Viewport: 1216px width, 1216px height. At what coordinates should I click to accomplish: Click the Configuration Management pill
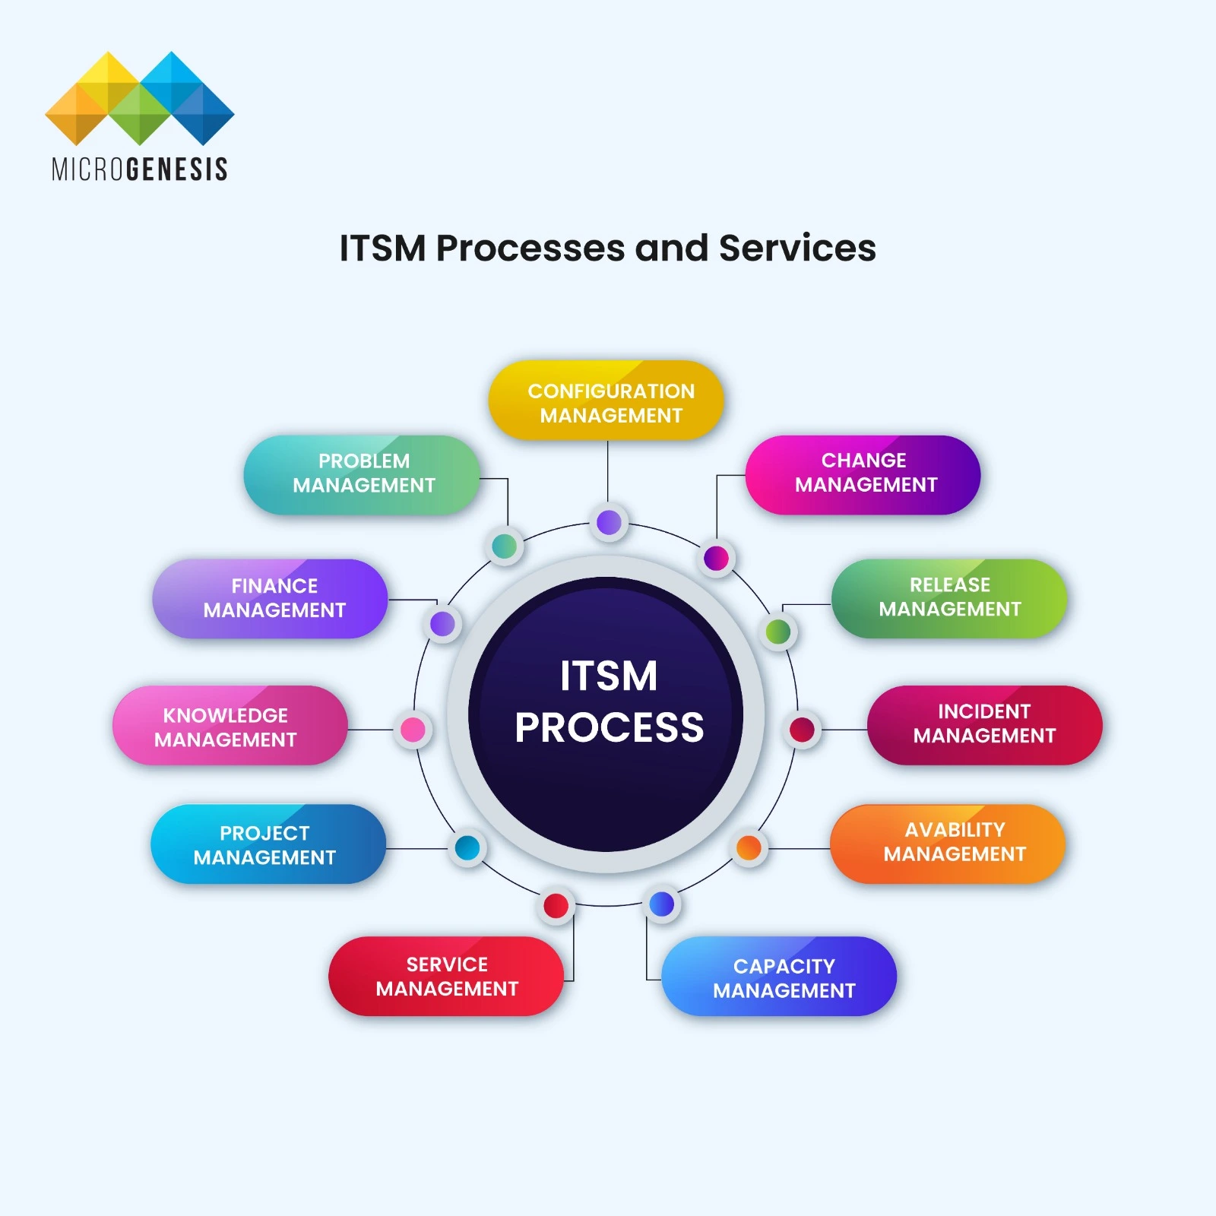click(x=606, y=401)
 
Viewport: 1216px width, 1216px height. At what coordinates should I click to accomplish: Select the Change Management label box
click(x=863, y=474)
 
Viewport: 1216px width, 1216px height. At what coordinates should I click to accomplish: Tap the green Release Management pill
click(x=948, y=598)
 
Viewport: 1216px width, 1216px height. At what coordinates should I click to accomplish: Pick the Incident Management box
click(x=984, y=724)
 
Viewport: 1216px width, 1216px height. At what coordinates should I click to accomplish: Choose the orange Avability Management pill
click(x=948, y=843)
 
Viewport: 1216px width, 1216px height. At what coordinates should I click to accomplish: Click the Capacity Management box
click(x=779, y=977)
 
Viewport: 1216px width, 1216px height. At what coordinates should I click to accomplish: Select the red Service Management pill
click(x=446, y=977)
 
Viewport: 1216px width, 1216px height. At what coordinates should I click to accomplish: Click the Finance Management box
click(x=270, y=599)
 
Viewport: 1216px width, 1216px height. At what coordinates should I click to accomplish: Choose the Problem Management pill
click(x=362, y=474)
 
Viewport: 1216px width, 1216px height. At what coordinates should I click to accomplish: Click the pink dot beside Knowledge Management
click(x=413, y=730)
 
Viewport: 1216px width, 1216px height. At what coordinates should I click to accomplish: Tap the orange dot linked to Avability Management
click(x=749, y=847)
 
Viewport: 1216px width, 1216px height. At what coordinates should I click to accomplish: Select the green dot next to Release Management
click(x=777, y=632)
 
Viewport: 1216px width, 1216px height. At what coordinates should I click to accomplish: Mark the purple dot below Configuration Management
click(x=609, y=522)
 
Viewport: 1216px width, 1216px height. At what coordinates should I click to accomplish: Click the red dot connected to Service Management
click(x=556, y=905)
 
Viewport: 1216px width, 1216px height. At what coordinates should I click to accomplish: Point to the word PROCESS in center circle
click(x=609, y=727)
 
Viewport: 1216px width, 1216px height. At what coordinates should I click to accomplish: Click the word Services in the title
click(x=797, y=248)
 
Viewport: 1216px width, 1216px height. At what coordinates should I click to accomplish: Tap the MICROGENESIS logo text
click(x=140, y=169)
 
